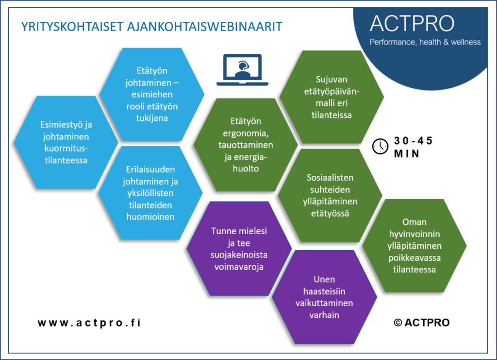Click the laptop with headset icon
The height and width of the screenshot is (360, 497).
pos(243,70)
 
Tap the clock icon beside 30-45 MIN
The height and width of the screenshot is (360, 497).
pos(380,147)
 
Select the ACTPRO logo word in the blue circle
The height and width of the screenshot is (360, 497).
pos(412,23)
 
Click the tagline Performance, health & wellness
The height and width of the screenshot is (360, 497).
pos(425,42)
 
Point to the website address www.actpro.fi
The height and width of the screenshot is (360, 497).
pos(89,323)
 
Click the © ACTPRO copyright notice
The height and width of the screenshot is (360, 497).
pos(422,323)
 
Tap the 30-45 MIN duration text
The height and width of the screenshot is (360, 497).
pos(413,147)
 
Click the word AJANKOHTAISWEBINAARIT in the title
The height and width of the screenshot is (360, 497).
pos(204,27)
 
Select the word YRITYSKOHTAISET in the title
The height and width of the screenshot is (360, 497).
pos(72,27)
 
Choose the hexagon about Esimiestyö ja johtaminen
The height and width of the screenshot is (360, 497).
pos(66,142)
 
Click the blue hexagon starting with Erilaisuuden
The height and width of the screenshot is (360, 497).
pos(150,193)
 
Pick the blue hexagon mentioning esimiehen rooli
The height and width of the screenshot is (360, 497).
pos(152,94)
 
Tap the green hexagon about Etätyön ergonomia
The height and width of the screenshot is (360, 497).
pos(246,145)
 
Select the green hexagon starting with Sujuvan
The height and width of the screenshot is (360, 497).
pos(331,97)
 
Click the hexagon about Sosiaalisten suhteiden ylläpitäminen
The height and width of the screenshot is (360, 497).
pos(330,195)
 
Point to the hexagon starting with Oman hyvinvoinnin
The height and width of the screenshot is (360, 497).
pos(414,246)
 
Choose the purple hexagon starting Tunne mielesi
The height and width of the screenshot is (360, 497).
pos(239,249)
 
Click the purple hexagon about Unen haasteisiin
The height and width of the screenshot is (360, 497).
pos(324,297)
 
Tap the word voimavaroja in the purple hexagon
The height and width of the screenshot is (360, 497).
pos(239,267)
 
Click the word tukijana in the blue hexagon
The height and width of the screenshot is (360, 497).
pos(152,119)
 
